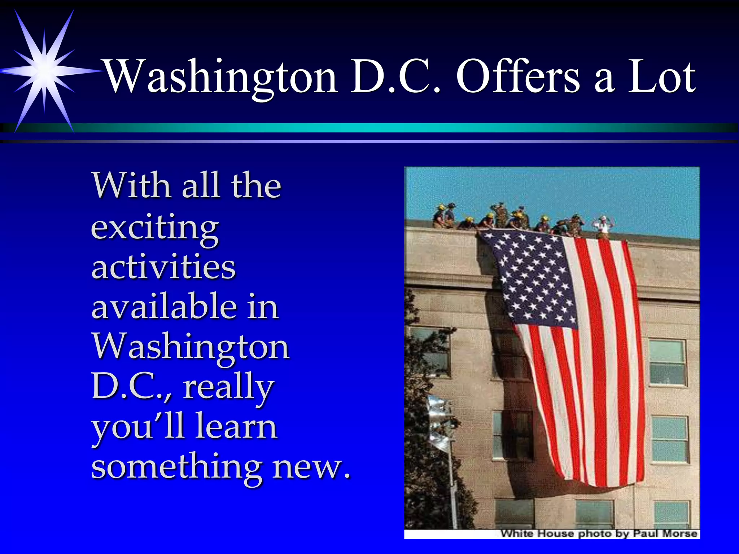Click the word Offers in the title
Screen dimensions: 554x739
point(518,77)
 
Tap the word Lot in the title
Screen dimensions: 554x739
point(662,77)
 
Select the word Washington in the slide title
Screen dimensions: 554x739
point(220,77)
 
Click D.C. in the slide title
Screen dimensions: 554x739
point(396,77)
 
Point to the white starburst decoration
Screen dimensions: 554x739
point(44,71)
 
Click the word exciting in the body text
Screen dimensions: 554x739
point(155,228)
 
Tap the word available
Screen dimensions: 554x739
point(165,307)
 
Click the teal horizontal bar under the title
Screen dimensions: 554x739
point(397,127)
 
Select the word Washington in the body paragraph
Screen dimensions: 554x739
point(191,346)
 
